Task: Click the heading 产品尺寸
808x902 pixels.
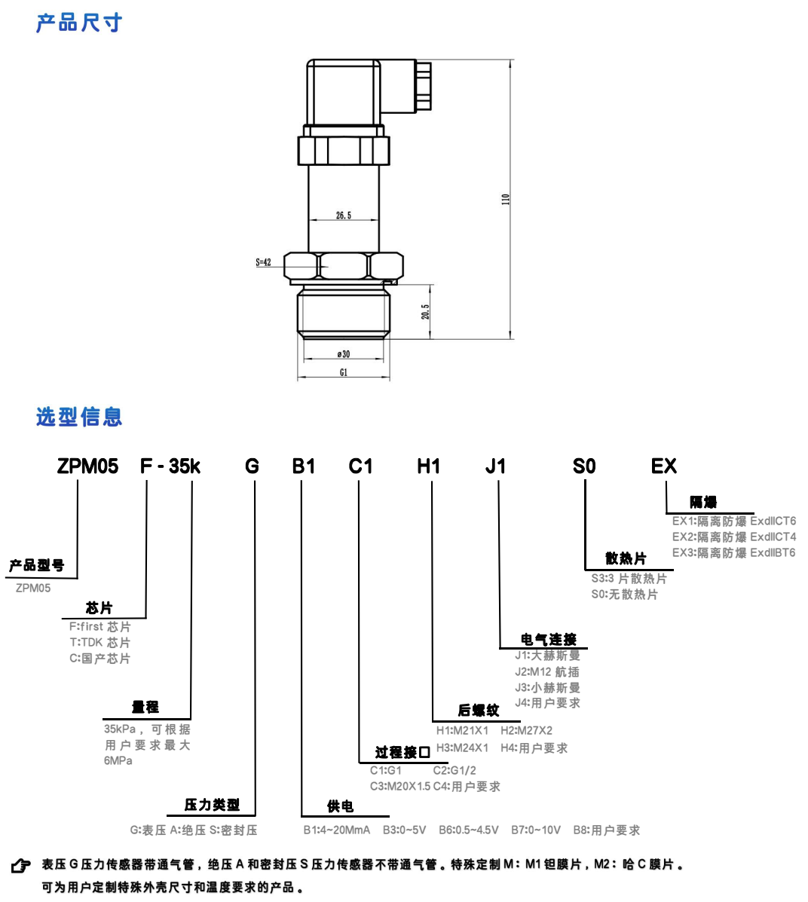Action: (78, 23)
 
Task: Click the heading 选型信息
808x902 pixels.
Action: (78, 417)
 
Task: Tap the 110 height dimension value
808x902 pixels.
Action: (506, 199)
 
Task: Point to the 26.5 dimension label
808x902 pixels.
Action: (344, 216)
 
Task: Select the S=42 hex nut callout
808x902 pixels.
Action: (263, 262)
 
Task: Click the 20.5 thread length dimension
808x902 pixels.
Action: (426, 311)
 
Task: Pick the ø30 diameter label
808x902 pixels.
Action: (344, 354)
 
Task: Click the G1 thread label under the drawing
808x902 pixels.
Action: (344, 372)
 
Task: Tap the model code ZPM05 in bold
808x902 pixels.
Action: (87, 466)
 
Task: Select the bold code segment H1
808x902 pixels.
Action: (428, 466)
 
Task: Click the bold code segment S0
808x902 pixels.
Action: (583, 466)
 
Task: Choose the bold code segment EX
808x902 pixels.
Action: (663, 466)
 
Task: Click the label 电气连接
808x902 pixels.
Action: (549, 639)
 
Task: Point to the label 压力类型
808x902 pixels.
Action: (212, 805)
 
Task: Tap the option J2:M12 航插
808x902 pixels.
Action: (547, 671)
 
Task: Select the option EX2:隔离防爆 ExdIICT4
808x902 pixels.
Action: (733, 537)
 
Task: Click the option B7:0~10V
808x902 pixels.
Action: (536, 830)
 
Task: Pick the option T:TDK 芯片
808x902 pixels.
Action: (100, 642)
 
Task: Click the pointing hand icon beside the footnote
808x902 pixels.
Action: (21, 866)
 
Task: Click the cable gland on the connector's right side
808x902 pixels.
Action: (424, 86)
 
